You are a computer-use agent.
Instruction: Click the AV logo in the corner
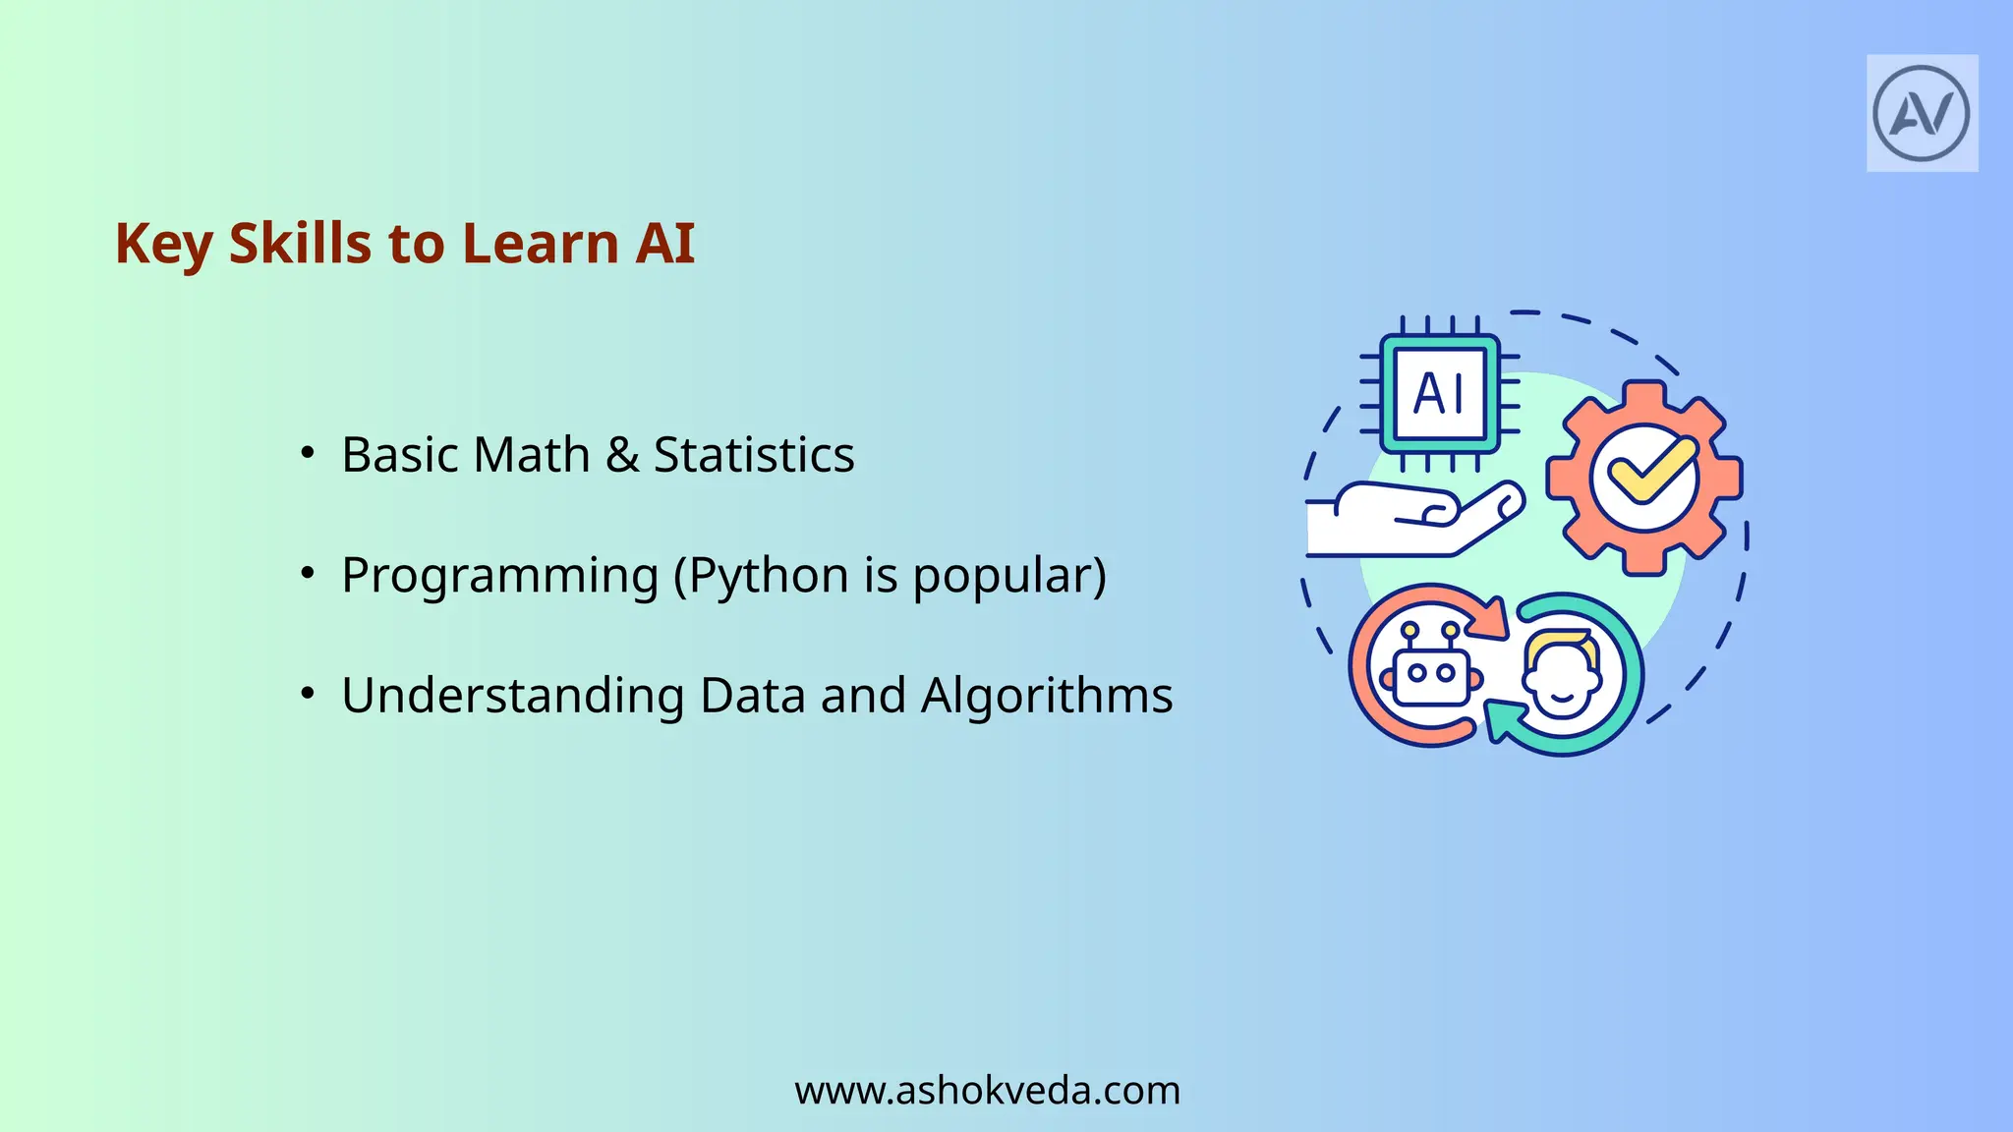(1922, 113)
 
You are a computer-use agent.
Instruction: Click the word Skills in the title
(301, 243)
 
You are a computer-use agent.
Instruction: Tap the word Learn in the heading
(540, 243)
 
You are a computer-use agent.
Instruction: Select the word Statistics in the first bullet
(754, 455)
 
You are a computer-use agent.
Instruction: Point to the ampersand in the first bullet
(622, 455)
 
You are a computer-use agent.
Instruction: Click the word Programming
(499, 576)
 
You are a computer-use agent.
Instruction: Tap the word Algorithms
(1047, 696)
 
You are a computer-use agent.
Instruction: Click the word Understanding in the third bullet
(512, 696)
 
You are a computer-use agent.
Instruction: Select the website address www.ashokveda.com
(987, 1091)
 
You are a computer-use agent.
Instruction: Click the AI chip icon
(1439, 394)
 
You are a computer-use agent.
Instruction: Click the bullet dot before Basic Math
(308, 453)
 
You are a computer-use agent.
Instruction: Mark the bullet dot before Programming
(308, 573)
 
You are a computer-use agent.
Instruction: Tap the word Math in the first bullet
(532, 455)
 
